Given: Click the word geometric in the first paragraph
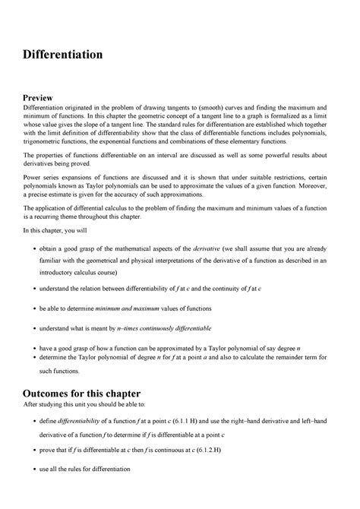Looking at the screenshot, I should (177, 122).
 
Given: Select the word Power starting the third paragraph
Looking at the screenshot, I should (34, 182).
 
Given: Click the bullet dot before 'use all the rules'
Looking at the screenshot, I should (30, 469).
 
